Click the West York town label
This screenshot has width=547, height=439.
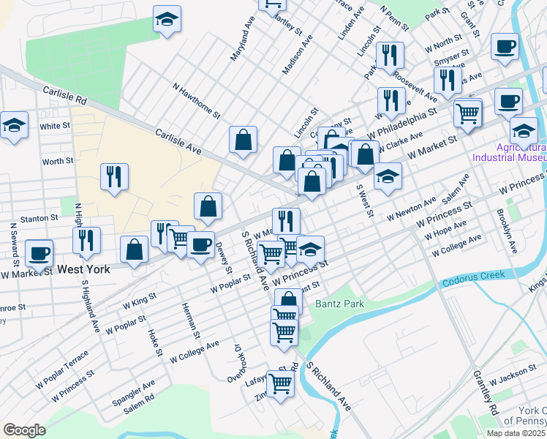click(85, 269)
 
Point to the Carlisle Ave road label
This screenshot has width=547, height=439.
click(178, 140)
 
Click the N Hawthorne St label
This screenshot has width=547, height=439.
click(196, 100)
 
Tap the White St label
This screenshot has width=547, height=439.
click(55, 126)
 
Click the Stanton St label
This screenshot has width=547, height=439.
click(39, 218)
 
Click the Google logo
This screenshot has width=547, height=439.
click(24, 430)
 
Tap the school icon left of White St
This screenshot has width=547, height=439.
click(14, 126)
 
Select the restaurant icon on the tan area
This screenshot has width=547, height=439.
click(113, 176)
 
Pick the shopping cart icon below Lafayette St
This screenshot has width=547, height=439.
click(280, 383)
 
